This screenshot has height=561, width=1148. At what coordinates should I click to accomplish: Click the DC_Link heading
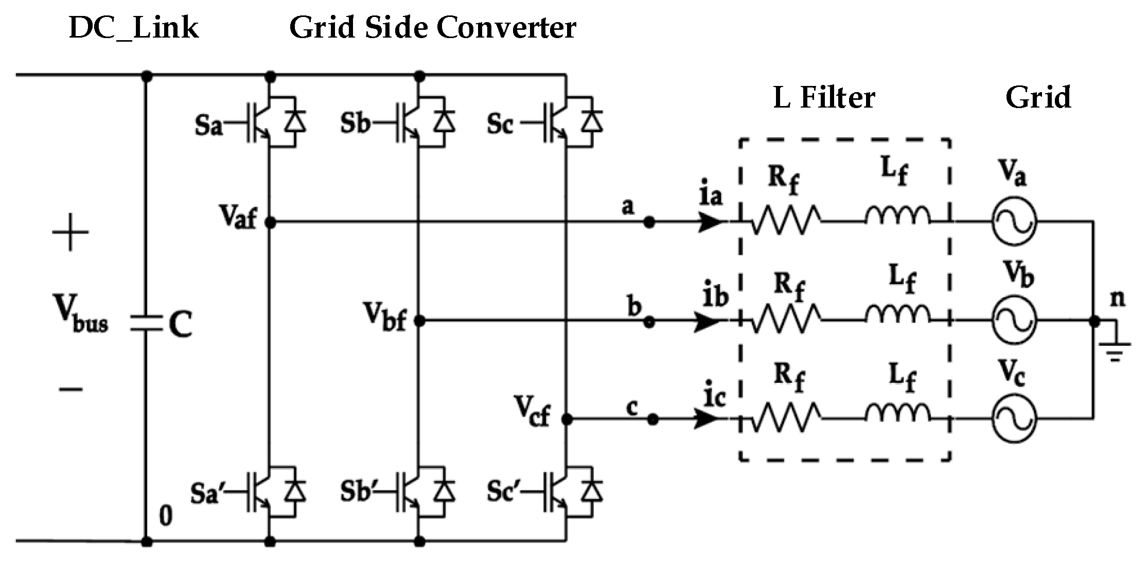click(x=133, y=28)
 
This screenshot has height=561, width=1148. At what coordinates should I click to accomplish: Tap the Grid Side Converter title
click(x=432, y=28)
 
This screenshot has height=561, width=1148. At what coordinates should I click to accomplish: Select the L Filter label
click(x=824, y=97)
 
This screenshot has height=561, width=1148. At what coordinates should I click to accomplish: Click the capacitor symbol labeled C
click(x=147, y=323)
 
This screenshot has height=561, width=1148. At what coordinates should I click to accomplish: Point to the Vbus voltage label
click(x=81, y=314)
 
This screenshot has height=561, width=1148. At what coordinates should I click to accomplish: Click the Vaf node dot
click(x=271, y=222)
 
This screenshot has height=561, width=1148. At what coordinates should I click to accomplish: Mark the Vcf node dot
click(x=567, y=419)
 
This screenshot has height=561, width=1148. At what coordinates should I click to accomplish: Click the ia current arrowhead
click(x=711, y=222)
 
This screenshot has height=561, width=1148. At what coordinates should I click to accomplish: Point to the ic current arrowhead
click(x=707, y=419)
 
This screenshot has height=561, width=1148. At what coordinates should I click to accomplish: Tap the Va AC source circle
click(x=1014, y=222)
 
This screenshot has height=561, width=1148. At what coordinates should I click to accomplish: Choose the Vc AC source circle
click(x=1014, y=419)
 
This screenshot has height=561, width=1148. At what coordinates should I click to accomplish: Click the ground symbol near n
click(x=1115, y=347)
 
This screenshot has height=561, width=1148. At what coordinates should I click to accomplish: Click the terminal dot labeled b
click(x=649, y=322)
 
